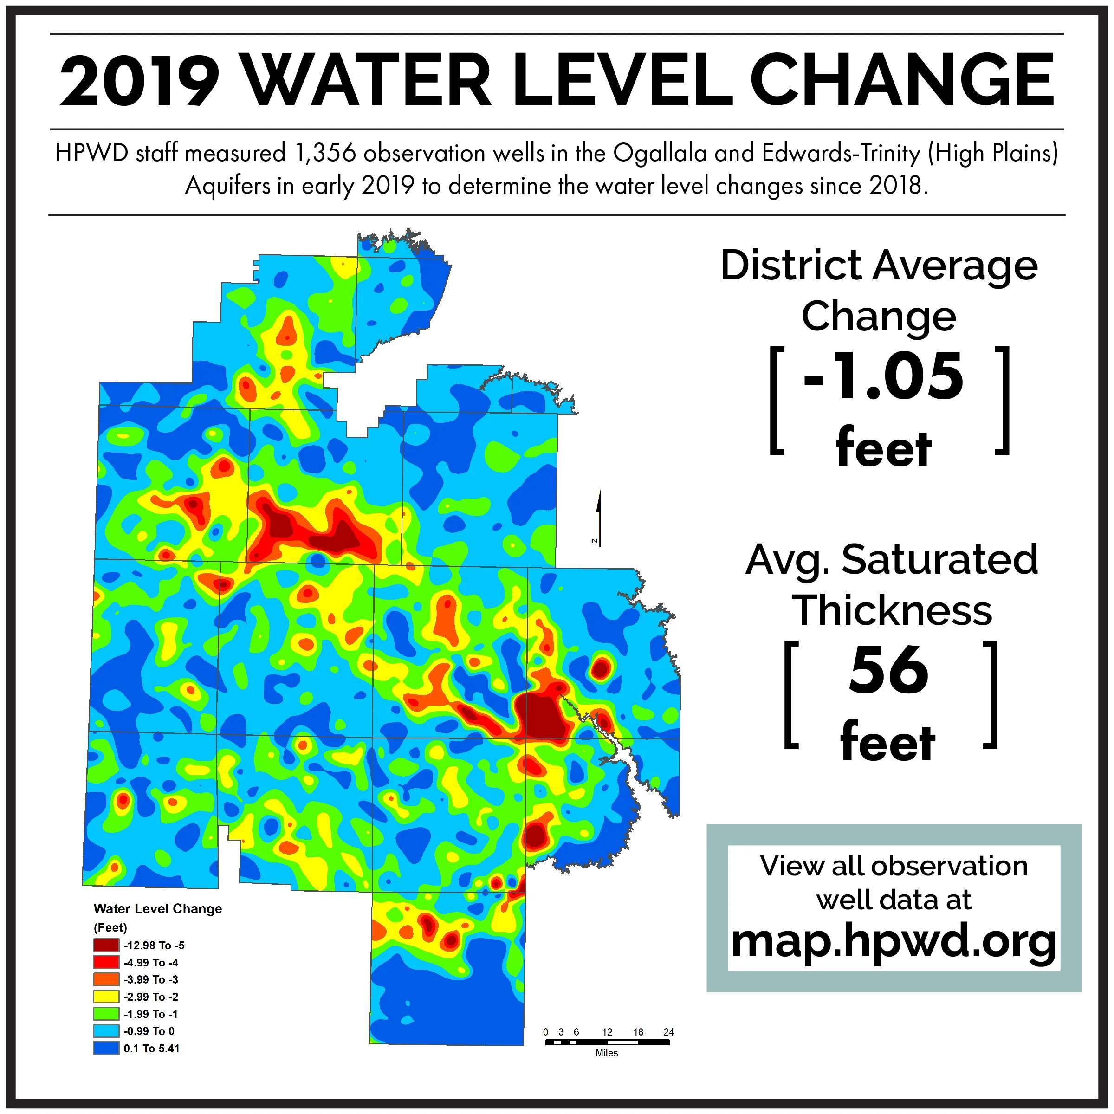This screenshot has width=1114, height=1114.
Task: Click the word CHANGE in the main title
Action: (902, 81)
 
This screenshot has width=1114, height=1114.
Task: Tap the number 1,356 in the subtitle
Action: (324, 153)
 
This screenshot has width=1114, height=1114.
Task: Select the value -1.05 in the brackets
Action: (883, 376)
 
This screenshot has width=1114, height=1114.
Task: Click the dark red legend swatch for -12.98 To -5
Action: (106, 946)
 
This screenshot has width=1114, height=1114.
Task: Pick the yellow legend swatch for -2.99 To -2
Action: (106, 997)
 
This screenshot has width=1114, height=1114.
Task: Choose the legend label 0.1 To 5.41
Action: (152, 1048)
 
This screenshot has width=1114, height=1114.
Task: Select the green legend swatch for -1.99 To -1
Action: (106, 1014)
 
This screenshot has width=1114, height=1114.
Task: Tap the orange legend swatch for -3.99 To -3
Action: (106, 980)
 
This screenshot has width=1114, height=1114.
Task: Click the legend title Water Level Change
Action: (157, 909)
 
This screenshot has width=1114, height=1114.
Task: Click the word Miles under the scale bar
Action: (607, 1053)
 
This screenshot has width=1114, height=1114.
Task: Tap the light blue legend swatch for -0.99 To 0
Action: (106, 1031)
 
